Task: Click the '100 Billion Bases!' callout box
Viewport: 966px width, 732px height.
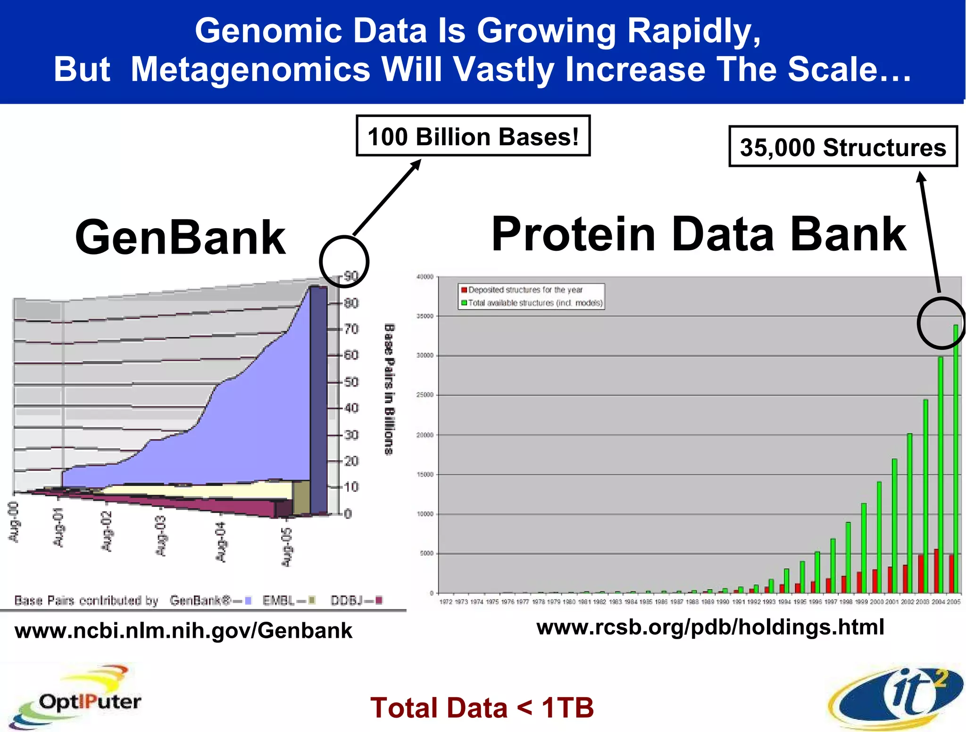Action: [473, 136]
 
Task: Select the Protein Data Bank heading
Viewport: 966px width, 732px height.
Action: [698, 234]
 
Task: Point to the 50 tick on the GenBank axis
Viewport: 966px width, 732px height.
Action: [351, 382]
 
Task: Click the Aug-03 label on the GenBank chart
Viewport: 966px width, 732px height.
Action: [161, 536]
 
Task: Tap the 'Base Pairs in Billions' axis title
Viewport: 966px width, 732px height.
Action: [389, 389]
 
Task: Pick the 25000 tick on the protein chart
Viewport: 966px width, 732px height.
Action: [425, 395]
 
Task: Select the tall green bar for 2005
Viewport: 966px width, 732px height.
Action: [956, 457]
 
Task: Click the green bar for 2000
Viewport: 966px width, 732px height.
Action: [879, 537]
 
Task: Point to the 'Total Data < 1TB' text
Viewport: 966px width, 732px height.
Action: [482, 707]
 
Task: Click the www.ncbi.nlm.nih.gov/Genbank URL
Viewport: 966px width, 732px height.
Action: [183, 631]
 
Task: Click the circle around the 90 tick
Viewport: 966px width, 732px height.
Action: [344, 262]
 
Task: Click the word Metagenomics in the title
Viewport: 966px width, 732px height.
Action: [250, 69]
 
